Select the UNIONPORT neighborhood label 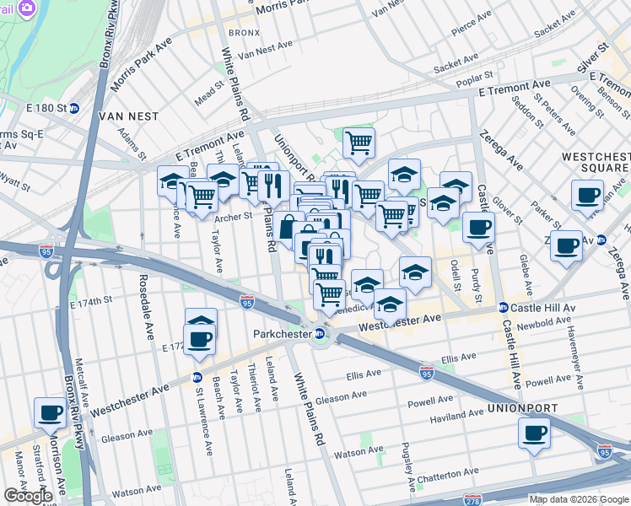(521, 408)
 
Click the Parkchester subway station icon (321, 333)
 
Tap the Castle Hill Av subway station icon (503, 307)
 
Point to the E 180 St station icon (74, 107)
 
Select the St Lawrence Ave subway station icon (197, 377)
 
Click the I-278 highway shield (472, 500)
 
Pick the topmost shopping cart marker (359, 143)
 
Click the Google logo (28, 496)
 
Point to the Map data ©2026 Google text (578, 499)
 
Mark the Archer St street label (234, 217)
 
